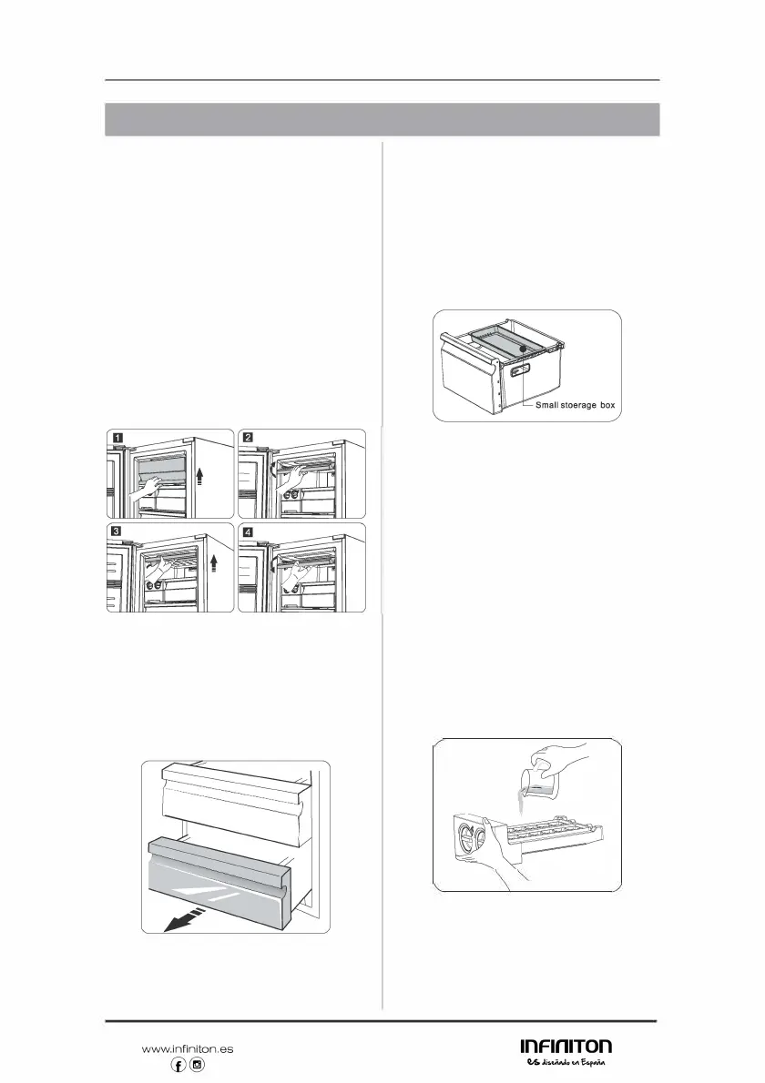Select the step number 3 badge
click(x=118, y=532)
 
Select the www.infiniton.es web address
click(x=188, y=1048)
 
